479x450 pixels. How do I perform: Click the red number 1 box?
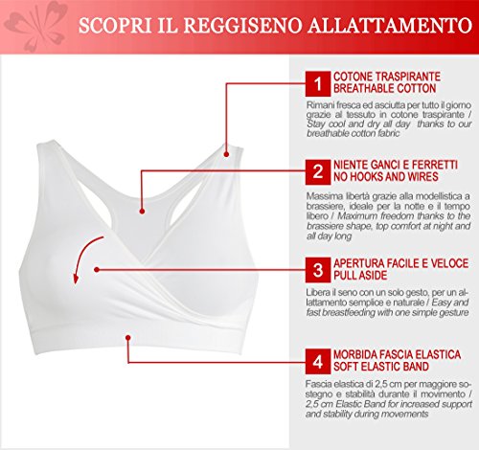point(318,83)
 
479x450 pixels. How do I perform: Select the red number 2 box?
point(318,172)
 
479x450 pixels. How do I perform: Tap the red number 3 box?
point(318,270)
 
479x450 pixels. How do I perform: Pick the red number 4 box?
point(318,362)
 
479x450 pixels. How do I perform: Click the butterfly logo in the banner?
point(36,26)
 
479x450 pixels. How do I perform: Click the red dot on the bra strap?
point(226,154)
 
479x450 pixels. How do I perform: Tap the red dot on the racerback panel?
point(142,211)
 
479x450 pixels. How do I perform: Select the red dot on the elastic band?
point(128,338)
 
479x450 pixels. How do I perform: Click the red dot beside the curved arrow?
point(97,270)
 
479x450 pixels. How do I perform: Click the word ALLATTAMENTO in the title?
point(390,25)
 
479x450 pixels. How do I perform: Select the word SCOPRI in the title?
point(115,25)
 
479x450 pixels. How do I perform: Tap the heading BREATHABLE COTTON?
point(385,88)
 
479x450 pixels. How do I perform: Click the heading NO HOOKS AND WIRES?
point(386,177)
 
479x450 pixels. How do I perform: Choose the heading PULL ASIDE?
point(360,275)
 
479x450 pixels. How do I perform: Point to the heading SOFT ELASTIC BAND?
point(381,367)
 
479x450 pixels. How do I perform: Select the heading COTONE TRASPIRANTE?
point(387,77)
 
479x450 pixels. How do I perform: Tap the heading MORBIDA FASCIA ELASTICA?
point(397,354)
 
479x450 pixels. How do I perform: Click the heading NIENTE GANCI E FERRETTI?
point(396,165)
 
